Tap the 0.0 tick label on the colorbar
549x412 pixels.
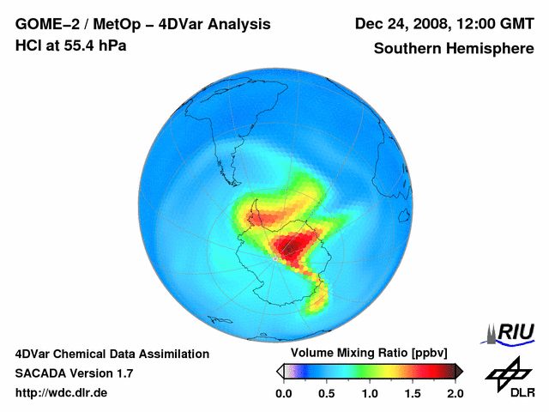(283, 393)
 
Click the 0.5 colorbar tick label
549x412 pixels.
(326, 393)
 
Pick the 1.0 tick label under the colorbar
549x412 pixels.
(369, 393)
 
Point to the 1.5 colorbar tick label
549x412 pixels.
(412, 393)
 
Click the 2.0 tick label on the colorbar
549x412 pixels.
(455, 393)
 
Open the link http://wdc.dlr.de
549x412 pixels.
(62, 393)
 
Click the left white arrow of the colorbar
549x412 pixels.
(279, 371)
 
